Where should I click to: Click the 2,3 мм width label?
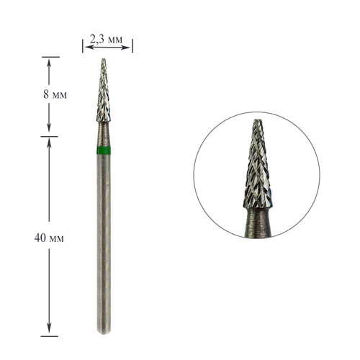click(106, 39)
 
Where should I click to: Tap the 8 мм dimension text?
click(55, 94)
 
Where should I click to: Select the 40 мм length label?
click(49, 238)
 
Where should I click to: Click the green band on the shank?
click(104, 150)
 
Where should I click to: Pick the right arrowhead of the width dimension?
click(126, 48)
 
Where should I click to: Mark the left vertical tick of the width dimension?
click(83, 46)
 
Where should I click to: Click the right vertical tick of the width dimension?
click(132, 46)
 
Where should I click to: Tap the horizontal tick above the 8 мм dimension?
click(50, 57)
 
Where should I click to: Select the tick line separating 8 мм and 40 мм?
click(49, 137)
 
